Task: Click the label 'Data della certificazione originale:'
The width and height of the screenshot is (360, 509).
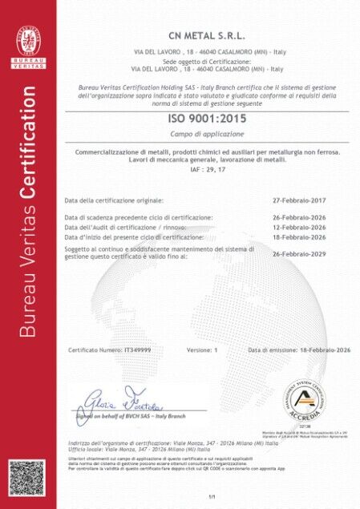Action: click(114, 200)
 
